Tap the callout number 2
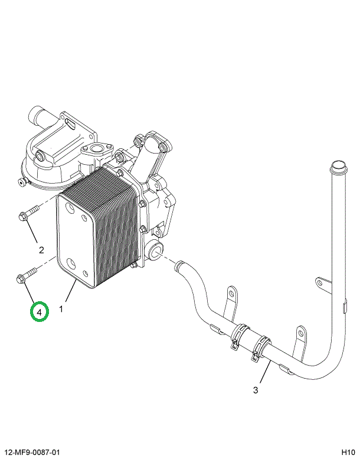coord(41,249)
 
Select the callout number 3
coord(256,390)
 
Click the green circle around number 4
coord(40,311)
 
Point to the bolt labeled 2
coord(28,213)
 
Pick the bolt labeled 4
coord(25,274)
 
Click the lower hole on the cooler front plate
coord(71,264)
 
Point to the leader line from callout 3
coord(263,373)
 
